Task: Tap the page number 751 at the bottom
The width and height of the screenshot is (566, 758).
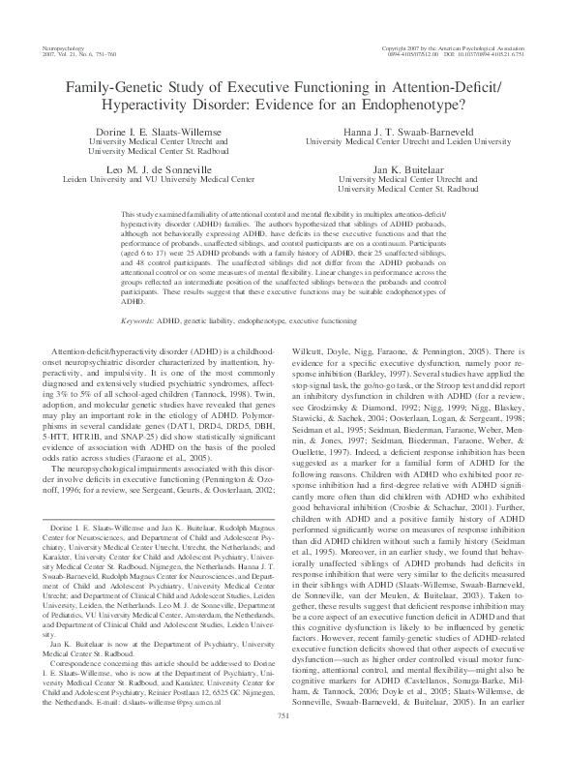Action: [283, 742]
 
